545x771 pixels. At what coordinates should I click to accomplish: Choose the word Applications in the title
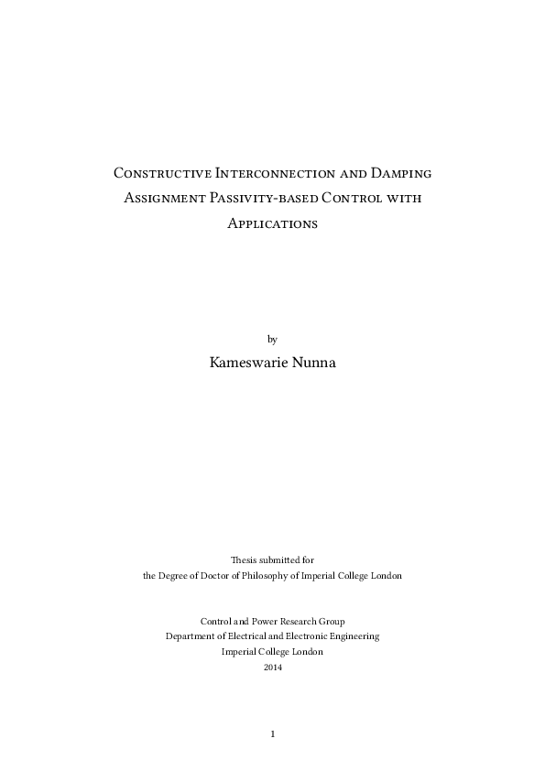tap(272, 223)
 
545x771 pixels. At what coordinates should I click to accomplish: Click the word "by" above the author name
tap(272, 339)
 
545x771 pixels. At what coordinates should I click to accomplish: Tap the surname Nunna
tap(314, 363)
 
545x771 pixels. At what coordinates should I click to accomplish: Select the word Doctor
tap(217, 576)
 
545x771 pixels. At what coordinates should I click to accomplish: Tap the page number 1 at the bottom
tap(273, 734)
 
